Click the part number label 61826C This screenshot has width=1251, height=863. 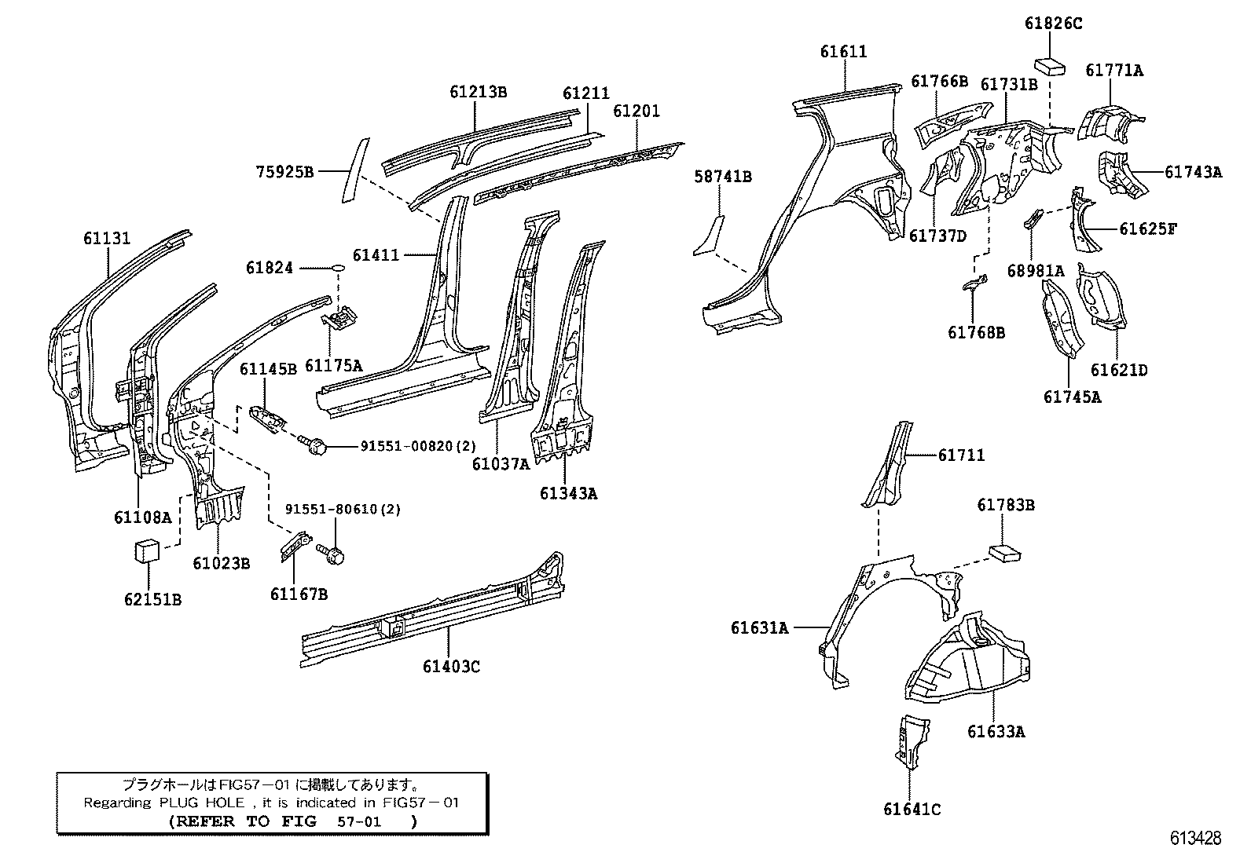click(x=1053, y=24)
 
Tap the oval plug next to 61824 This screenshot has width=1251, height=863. click(x=337, y=269)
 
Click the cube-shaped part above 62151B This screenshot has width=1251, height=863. click(x=145, y=550)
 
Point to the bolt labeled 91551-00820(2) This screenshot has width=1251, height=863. click(x=313, y=445)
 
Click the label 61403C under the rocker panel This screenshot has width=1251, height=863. click(x=451, y=667)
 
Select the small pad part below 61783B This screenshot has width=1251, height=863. click(x=1004, y=553)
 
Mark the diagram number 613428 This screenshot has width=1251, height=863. click(x=1195, y=838)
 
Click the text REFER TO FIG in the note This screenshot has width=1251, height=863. click(x=243, y=821)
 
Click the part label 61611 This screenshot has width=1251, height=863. click(x=843, y=52)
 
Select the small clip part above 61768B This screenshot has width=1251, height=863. click(x=974, y=284)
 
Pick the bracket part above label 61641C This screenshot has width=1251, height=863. click(x=909, y=738)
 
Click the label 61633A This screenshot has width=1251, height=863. click(x=996, y=732)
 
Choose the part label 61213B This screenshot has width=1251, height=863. click(x=478, y=92)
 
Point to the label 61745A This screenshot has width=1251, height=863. click(x=1072, y=397)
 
